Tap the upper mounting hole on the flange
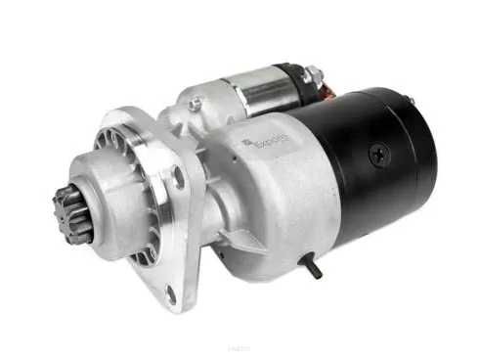[x=179, y=178]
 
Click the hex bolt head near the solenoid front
[x=196, y=102]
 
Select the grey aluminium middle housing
[x=269, y=196]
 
